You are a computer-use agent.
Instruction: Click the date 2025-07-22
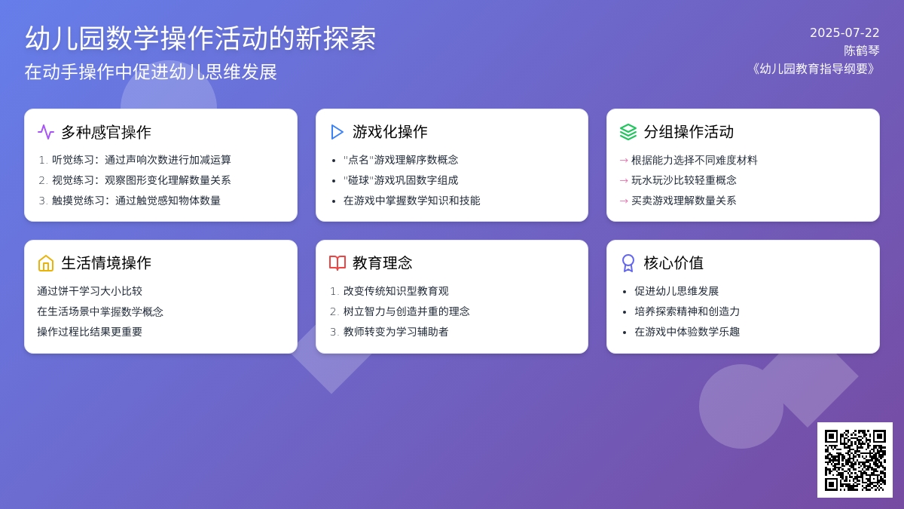click(x=844, y=32)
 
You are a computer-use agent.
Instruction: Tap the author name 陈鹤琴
click(x=861, y=51)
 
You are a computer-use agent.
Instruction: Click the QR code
click(x=855, y=460)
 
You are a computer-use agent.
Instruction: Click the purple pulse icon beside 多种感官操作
click(x=46, y=132)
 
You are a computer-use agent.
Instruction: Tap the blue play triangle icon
click(x=337, y=132)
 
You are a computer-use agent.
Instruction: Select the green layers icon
click(x=628, y=132)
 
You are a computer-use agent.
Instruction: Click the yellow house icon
click(x=46, y=263)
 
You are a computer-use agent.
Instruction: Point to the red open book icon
click(x=337, y=262)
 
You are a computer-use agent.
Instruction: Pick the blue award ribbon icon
click(x=628, y=263)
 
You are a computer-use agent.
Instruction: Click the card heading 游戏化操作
click(x=390, y=132)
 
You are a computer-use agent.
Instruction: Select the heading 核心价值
click(x=673, y=263)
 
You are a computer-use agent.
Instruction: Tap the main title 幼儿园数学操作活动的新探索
click(x=200, y=38)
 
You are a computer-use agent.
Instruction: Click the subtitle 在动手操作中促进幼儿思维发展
click(x=151, y=72)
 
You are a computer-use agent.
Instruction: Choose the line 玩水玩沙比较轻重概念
click(x=684, y=180)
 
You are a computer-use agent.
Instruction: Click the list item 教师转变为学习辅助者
click(x=396, y=332)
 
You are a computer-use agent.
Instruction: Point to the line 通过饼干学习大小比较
click(x=90, y=291)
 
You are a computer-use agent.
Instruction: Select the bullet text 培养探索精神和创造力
click(x=687, y=311)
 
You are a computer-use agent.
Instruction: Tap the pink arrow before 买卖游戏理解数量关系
click(x=624, y=201)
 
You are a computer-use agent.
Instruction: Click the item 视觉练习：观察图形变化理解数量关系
click(x=142, y=180)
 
